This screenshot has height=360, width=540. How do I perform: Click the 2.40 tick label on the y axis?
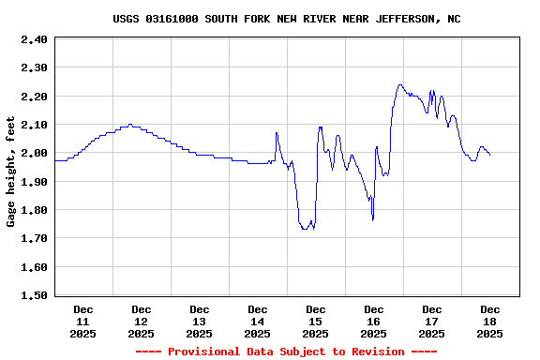(x=33, y=39)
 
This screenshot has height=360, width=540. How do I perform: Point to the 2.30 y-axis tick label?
(x=33, y=67)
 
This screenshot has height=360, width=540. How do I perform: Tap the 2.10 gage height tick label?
(x=33, y=125)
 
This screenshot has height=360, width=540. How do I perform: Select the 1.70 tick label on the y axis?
(x=33, y=238)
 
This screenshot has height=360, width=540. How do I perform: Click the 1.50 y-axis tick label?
(x=33, y=295)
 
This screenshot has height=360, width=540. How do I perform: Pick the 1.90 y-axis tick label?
(x=33, y=182)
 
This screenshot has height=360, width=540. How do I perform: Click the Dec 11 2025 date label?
(x=83, y=321)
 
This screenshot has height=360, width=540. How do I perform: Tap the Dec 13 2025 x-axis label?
(x=200, y=321)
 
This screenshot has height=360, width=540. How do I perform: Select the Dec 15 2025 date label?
(x=316, y=321)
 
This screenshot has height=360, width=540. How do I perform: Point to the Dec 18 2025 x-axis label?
(x=490, y=321)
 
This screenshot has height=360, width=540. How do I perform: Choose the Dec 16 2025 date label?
(x=374, y=321)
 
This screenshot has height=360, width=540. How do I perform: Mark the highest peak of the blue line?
(x=400, y=84)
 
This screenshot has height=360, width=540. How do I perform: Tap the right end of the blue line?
(x=490, y=155)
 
